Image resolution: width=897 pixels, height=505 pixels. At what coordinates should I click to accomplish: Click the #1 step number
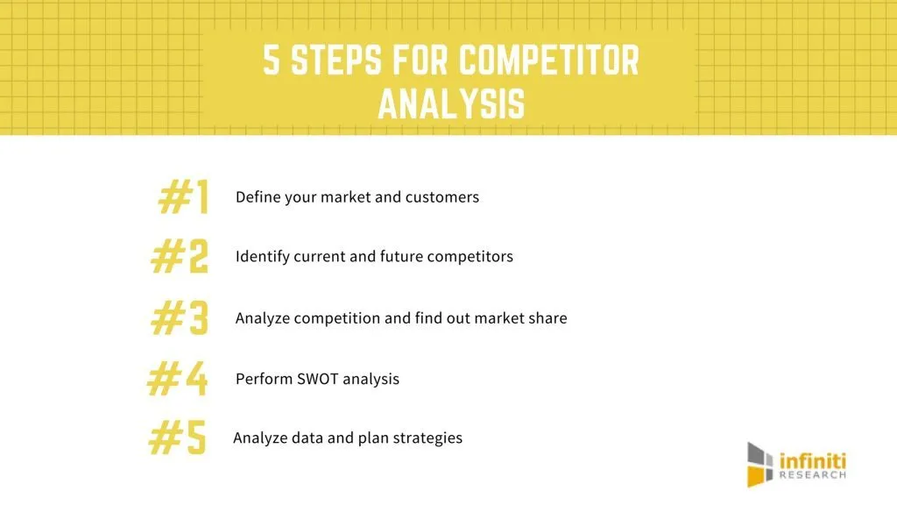click(184, 196)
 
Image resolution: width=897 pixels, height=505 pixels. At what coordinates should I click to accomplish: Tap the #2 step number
click(180, 257)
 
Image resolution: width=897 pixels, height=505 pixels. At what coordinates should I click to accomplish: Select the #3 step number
click(180, 317)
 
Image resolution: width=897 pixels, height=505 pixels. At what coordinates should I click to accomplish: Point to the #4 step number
click(177, 379)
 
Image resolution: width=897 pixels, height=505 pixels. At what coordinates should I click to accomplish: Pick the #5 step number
click(177, 437)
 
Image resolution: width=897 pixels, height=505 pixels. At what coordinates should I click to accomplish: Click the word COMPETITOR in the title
click(548, 60)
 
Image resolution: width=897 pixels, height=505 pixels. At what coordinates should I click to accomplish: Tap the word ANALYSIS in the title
click(451, 103)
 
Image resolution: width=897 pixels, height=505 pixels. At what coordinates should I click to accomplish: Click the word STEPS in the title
click(335, 60)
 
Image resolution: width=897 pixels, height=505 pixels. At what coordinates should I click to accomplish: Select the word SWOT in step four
click(317, 379)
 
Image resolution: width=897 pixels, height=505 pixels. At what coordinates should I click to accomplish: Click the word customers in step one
click(442, 197)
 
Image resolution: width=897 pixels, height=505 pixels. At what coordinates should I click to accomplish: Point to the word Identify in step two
click(263, 257)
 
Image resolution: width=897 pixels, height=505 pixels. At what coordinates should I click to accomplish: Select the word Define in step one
click(258, 197)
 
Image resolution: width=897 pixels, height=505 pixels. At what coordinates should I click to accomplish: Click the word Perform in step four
click(264, 379)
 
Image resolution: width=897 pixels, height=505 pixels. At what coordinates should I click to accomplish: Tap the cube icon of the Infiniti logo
click(759, 465)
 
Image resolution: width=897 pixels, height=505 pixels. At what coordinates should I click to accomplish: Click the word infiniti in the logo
click(812, 461)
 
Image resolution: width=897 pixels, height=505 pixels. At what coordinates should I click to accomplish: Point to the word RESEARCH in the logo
click(812, 475)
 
